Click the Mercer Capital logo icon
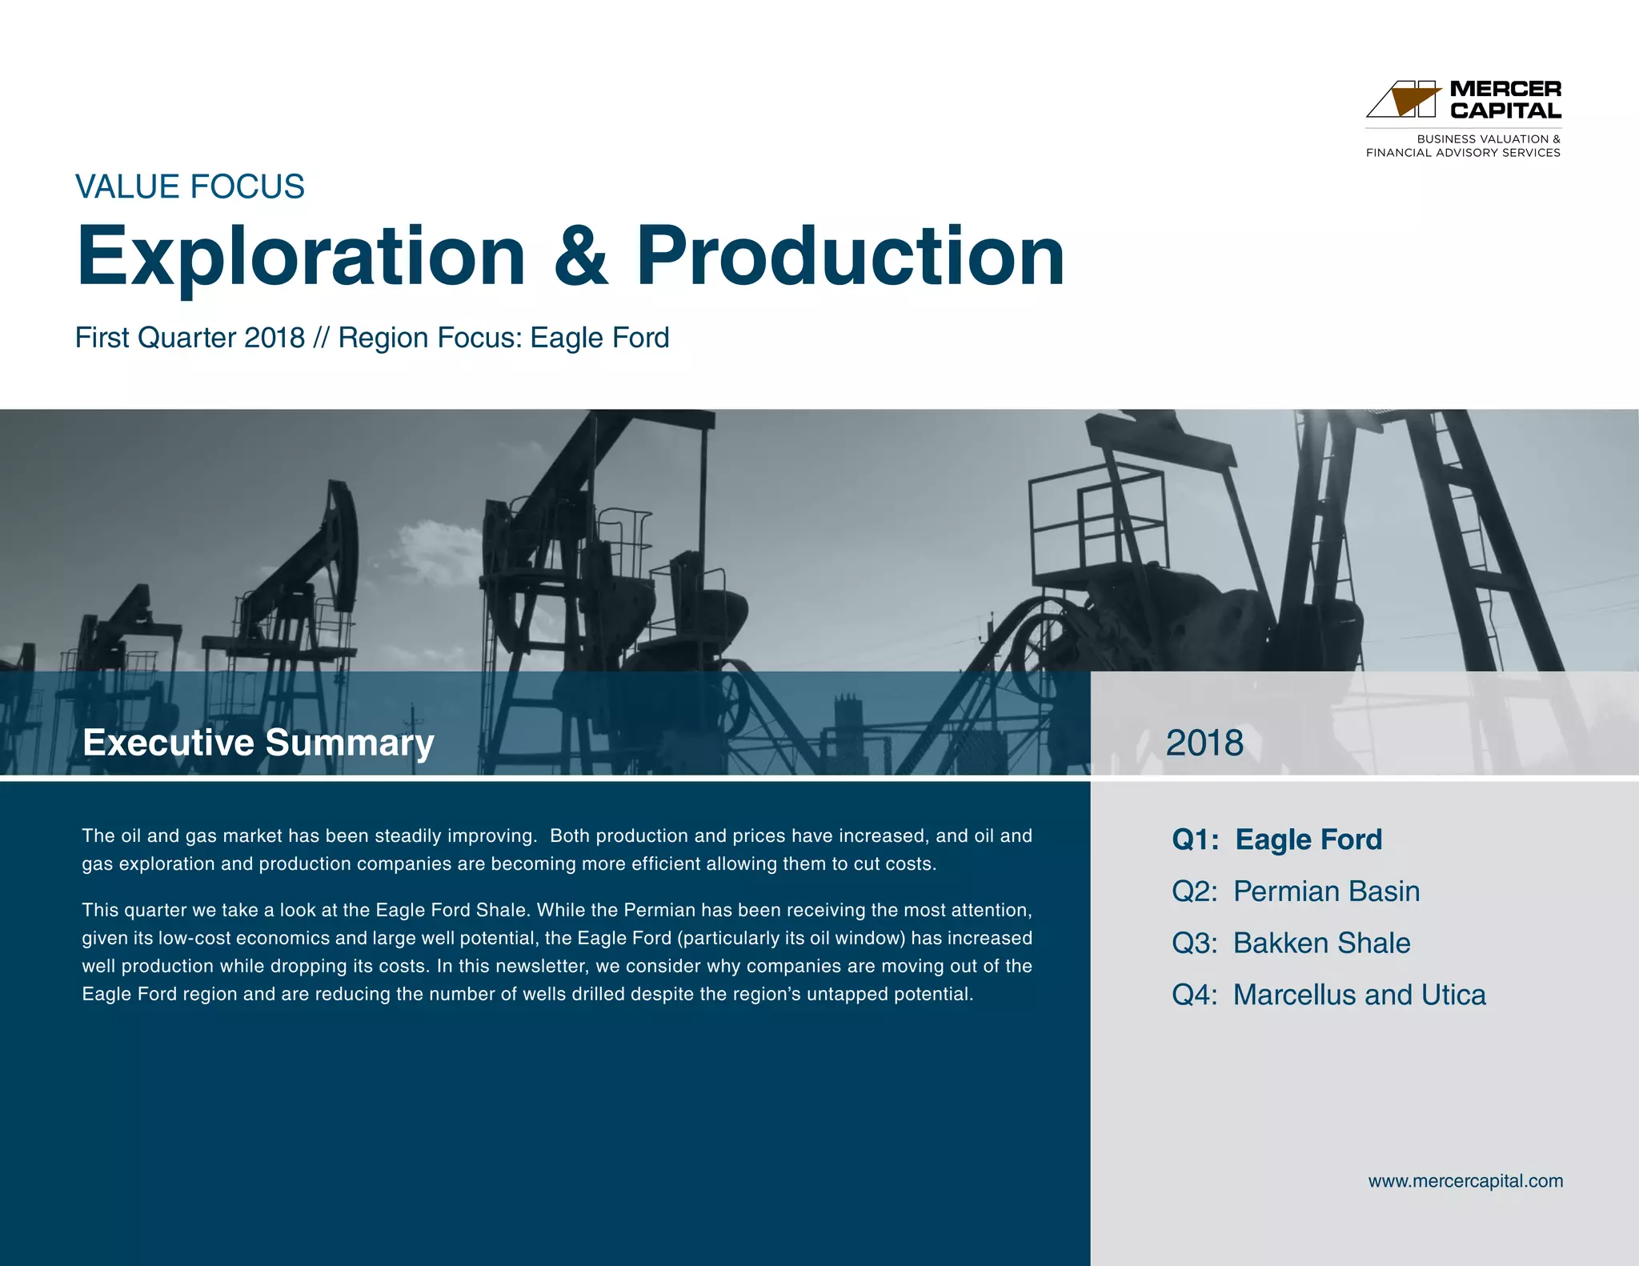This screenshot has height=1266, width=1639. pos(1405,99)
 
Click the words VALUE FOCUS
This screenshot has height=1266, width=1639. pos(190,186)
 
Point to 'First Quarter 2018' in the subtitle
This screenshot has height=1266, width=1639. pos(190,338)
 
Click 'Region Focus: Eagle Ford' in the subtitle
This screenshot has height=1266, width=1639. pos(503,338)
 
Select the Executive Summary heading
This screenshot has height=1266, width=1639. pos(258,743)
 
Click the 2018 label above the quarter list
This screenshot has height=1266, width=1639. pos(1204,743)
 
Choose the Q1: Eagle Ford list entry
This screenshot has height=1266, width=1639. pos(1276,839)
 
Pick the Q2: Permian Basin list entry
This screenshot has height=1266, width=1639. pos(1295,891)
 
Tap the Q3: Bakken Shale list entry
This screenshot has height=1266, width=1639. pos(1290,943)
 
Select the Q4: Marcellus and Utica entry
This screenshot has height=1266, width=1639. pos(1328,995)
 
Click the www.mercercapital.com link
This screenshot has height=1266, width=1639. pos(1465,1181)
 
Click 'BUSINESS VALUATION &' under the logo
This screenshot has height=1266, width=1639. pos(1488,139)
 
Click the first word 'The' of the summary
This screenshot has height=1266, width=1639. pos(98,836)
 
